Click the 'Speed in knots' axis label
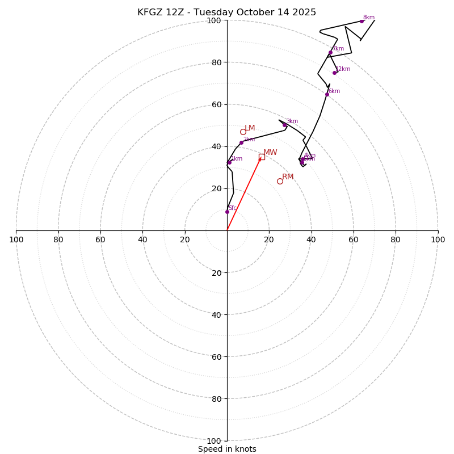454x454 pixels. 227,449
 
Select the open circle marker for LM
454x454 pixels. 243,132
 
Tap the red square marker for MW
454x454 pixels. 262,157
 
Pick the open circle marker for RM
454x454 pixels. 280,181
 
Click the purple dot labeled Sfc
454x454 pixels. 227,212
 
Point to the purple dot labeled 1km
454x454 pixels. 229,162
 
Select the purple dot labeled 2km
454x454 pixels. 241,142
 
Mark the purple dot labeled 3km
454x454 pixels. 285,125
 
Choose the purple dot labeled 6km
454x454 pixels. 327,94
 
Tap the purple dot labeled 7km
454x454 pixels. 330,53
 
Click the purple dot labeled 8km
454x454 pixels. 361,22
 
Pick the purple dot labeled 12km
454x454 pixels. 334,73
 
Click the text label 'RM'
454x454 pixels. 288,177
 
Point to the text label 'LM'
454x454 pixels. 250,128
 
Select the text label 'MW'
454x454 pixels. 270,153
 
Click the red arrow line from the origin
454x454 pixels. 244,194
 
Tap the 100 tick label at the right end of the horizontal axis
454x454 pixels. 438,239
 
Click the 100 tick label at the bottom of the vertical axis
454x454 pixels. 214,441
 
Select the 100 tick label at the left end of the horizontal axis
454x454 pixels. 16,239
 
